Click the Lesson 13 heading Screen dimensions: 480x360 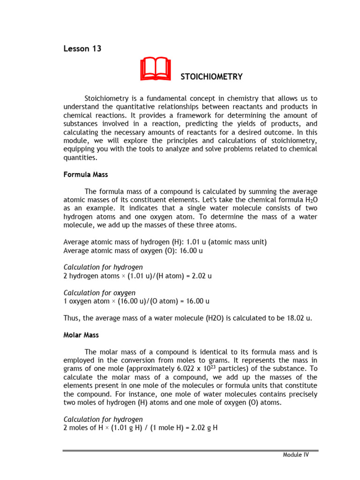pos(82,49)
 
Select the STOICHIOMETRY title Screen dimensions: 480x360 pos(212,76)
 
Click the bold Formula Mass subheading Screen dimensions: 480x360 pos(85,174)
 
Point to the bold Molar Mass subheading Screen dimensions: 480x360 pos(81,335)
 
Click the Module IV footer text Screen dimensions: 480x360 pos(296,455)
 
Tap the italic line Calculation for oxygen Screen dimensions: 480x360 pos(103,292)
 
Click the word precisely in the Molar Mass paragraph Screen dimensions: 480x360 pos(301,394)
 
